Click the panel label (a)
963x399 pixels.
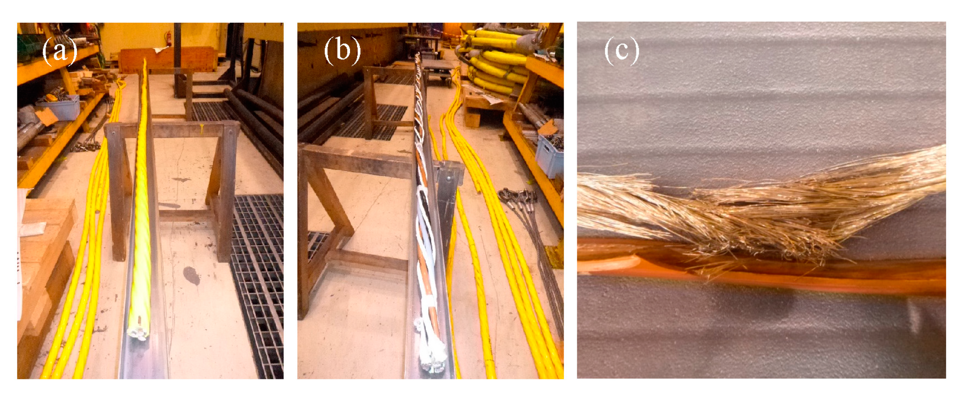tap(60, 51)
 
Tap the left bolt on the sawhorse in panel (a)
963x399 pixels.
tap(114, 134)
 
